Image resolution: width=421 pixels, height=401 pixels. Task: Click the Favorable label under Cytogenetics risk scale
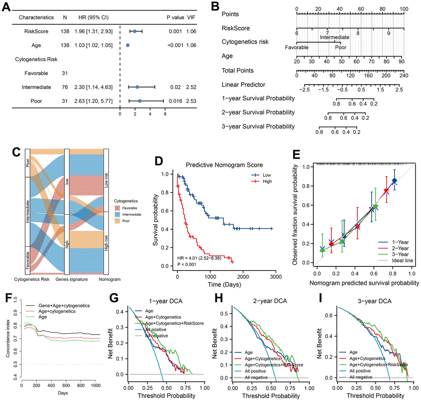coord(296,47)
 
